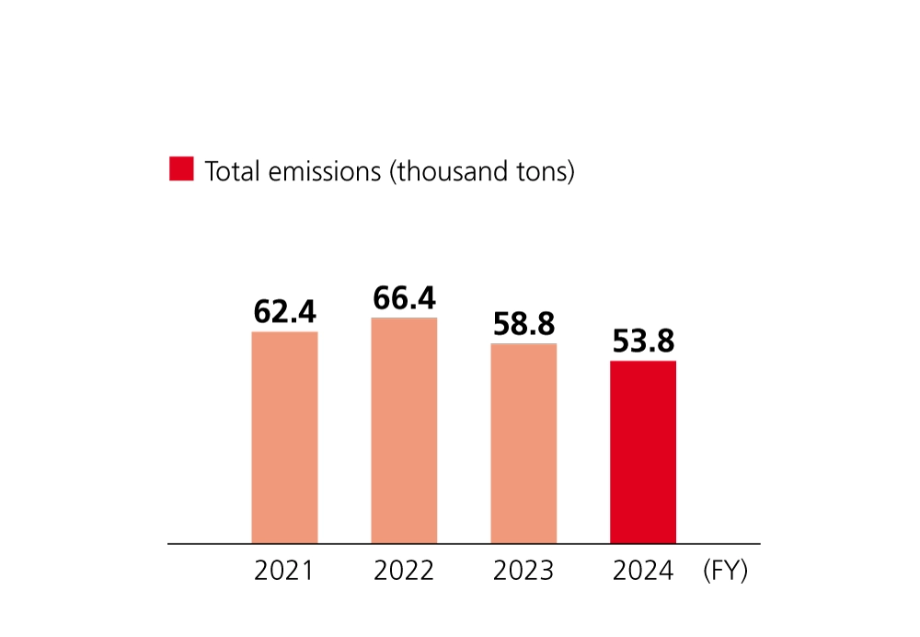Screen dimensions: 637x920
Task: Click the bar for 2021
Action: pos(284,437)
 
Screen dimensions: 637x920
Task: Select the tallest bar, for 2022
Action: pos(404,431)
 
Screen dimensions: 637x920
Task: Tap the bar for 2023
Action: pos(523,443)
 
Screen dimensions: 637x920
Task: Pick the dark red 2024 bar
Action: pos(643,452)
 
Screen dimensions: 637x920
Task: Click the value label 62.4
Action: pos(284,313)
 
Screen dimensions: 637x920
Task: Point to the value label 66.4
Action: pos(404,298)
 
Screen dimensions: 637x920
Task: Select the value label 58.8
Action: pos(523,324)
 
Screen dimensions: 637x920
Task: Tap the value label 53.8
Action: pos(643,342)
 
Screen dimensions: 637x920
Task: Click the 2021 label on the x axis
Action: pos(284,572)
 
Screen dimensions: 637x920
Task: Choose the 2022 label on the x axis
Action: pos(404,572)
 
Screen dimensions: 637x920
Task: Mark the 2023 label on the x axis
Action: pos(523,572)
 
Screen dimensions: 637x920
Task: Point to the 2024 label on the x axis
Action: pos(643,572)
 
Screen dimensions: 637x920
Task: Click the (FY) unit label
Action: pos(725,572)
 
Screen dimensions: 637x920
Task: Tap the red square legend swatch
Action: pos(181,169)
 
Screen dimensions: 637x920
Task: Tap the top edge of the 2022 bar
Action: pos(404,318)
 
